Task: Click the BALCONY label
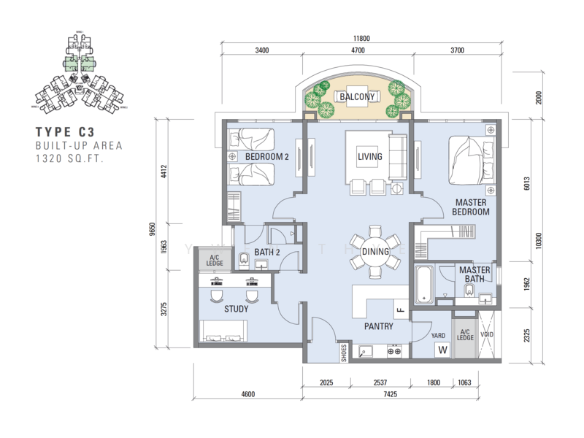pos(357,96)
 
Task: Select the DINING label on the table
pos(375,252)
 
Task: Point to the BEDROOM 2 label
pos(267,157)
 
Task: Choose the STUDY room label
pos(237,309)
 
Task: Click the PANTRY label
pos(379,327)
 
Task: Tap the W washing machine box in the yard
pos(442,349)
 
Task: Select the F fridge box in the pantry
pos(401,310)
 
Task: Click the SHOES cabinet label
pos(344,353)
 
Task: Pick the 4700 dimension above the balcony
pos(357,51)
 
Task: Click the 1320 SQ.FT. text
pos(69,158)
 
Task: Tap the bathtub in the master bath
pos(425,285)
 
